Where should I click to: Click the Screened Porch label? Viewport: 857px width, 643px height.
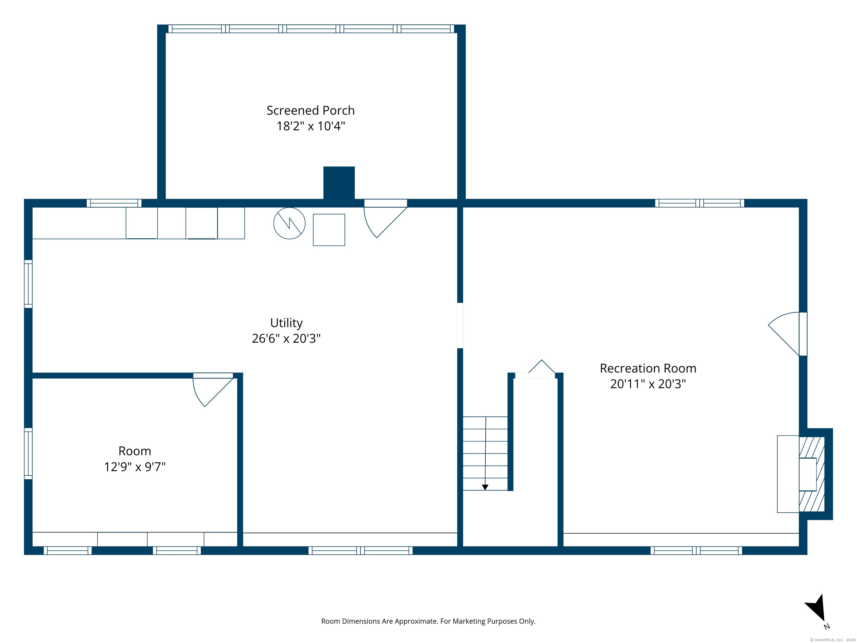pos(310,111)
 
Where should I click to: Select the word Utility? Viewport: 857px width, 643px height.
pos(286,323)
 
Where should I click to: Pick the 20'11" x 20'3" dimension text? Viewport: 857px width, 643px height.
pos(648,384)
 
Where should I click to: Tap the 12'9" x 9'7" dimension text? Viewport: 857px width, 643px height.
pos(135,467)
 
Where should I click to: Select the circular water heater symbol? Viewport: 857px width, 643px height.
pos(289,223)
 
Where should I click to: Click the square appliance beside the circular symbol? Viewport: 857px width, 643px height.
pos(329,230)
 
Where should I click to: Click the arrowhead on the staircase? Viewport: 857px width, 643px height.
pos(485,488)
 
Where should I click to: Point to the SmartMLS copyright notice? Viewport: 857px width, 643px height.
pos(833,640)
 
